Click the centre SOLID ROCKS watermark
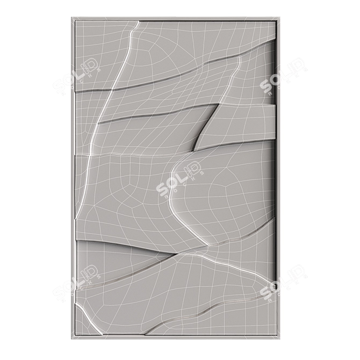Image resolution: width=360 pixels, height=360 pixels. pyautogui.click(x=180, y=180)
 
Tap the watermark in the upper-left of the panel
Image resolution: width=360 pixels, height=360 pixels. pyautogui.click(x=77, y=77)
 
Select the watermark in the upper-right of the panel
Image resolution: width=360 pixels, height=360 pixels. pyautogui.click(x=283, y=77)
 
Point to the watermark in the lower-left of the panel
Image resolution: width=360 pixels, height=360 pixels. pyautogui.click(x=77, y=284)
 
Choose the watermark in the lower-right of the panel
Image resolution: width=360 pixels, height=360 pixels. pyautogui.click(x=283, y=284)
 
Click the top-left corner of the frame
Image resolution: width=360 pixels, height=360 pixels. pyautogui.click(x=72, y=18)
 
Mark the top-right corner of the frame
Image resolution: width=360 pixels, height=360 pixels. pyautogui.click(x=280, y=18)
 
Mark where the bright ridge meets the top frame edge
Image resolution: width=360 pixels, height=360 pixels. pyautogui.click(x=139, y=22)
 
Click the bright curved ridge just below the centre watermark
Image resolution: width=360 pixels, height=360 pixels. pyautogui.click(x=180, y=207)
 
